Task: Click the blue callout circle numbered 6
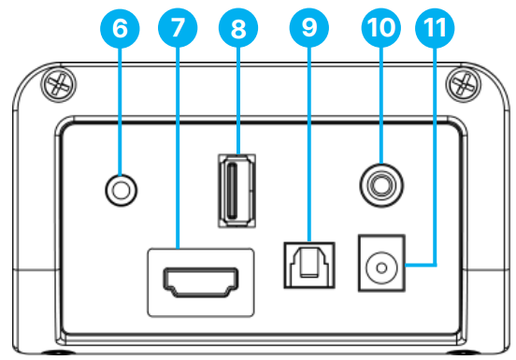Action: tap(120, 28)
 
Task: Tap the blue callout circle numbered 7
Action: tap(178, 28)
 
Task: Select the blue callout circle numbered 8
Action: tap(238, 28)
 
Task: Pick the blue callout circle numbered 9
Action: tap(309, 28)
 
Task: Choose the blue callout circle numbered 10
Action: tap(381, 28)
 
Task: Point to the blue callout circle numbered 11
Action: tap(435, 28)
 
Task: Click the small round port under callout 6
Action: tap(122, 190)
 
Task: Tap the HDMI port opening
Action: tap(201, 282)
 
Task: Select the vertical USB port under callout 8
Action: tap(236, 191)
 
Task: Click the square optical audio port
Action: tap(309, 265)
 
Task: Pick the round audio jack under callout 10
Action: tap(381, 185)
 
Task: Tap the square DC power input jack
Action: tap(381, 263)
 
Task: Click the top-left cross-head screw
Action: tap(58, 84)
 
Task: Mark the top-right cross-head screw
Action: tap(464, 84)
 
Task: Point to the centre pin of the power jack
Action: tap(381, 268)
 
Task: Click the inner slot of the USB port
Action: tap(233, 191)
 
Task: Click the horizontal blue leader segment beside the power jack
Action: tap(421, 265)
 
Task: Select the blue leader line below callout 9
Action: tap(309, 145)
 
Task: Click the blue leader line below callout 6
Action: tap(120, 111)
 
